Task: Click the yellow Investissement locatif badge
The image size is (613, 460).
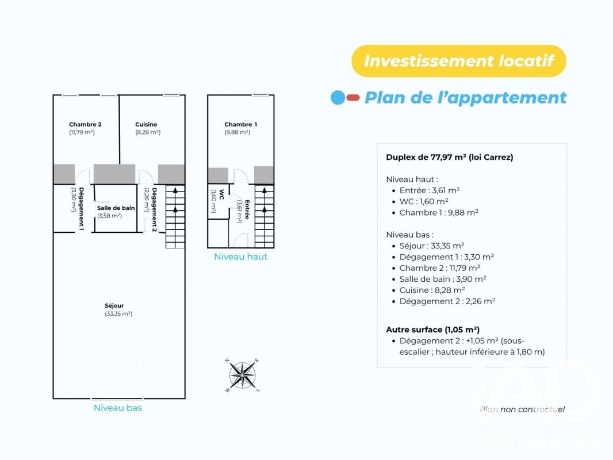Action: coord(458,61)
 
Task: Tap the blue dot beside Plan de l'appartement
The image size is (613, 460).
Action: coord(338,98)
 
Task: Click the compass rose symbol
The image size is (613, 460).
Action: coord(243,375)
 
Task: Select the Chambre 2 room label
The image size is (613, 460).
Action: coord(85,124)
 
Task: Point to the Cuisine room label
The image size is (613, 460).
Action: coord(146,124)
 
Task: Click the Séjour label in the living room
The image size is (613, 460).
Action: coord(114,306)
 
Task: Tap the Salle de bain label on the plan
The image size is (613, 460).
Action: coord(116,208)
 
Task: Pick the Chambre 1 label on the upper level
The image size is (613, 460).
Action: coord(241,124)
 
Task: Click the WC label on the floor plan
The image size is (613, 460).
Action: coord(221,194)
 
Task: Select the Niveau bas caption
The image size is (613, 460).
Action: coord(118,408)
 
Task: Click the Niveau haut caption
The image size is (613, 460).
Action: coord(241,257)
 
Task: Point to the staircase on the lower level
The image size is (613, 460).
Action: coord(175,217)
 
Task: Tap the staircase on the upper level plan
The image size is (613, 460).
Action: coord(265,216)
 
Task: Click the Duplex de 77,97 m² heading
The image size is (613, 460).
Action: coord(450,157)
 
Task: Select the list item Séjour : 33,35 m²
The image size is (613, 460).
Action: coord(432,246)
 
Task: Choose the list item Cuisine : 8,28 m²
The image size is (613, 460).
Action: coord(432,290)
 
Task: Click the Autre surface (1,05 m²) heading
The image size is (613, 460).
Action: coord(433,329)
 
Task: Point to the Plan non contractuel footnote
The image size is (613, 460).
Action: coord(522,409)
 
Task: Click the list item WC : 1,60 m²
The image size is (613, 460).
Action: coord(424,202)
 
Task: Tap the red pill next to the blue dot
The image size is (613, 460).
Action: coord(353,98)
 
